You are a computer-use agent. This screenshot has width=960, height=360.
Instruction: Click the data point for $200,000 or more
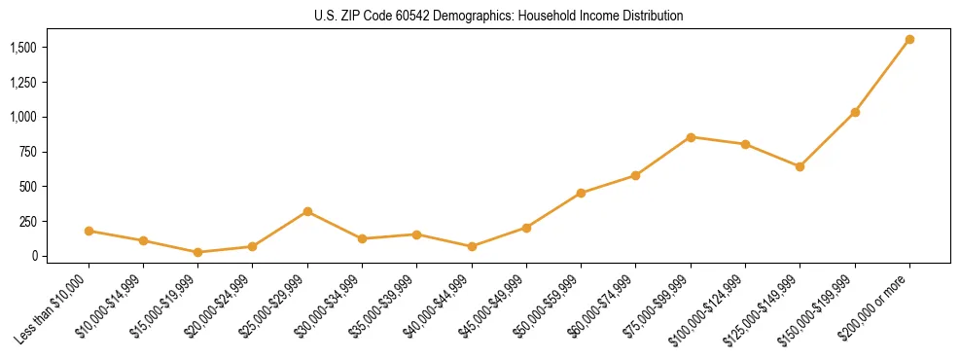[909, 40]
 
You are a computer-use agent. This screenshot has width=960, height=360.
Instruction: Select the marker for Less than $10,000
[89, 231]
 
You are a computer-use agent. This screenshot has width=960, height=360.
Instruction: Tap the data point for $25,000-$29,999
[307, 211]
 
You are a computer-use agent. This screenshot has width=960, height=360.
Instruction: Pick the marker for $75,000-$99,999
[691, 137]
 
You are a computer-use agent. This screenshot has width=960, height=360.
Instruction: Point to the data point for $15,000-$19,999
[198, 252]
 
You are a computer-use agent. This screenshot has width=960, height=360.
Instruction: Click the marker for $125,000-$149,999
[800, 166]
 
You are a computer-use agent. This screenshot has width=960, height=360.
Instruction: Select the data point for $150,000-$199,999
[855, 113]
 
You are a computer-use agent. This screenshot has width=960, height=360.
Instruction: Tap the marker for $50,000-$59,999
[581, 193]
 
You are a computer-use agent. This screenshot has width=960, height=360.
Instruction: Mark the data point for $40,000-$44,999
[472, 246]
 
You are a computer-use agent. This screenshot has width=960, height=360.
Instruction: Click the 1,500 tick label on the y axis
[23, 48]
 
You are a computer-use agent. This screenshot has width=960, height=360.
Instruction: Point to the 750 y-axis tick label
[28, 152]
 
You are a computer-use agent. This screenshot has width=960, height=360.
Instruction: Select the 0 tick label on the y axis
[34, 256]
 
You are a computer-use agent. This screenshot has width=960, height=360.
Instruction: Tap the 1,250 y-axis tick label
[23, 83]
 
